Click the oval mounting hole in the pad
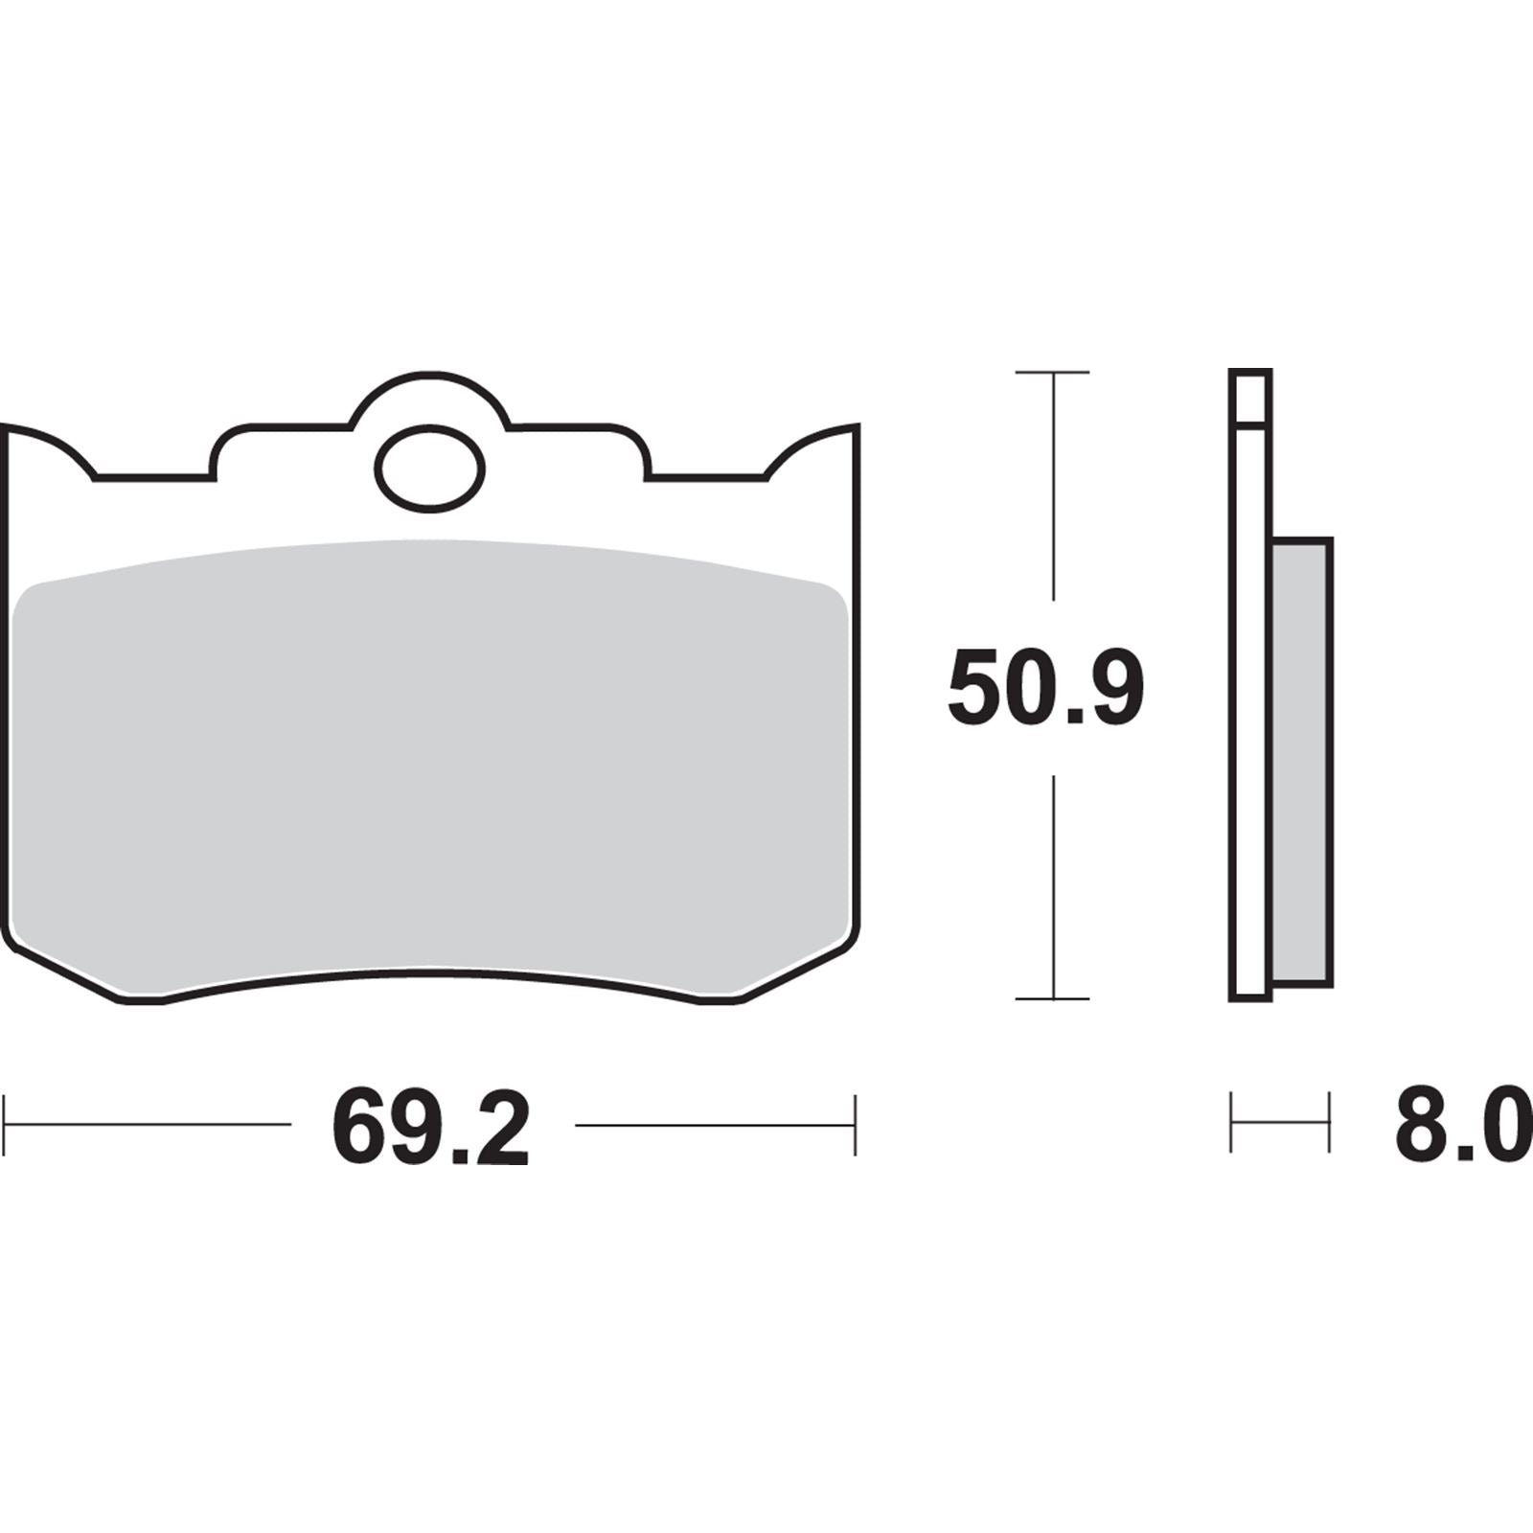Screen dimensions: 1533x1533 [429, 469]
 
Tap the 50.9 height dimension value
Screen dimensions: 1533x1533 [1046, 687]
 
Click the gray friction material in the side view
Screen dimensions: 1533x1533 [1301, 762]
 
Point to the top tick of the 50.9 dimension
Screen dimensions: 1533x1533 [1052, 372]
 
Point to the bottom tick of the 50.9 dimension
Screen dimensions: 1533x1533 [1052, 998]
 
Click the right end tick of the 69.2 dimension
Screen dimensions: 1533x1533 [855, 1125]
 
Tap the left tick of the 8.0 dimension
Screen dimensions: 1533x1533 [1232, 1121]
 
